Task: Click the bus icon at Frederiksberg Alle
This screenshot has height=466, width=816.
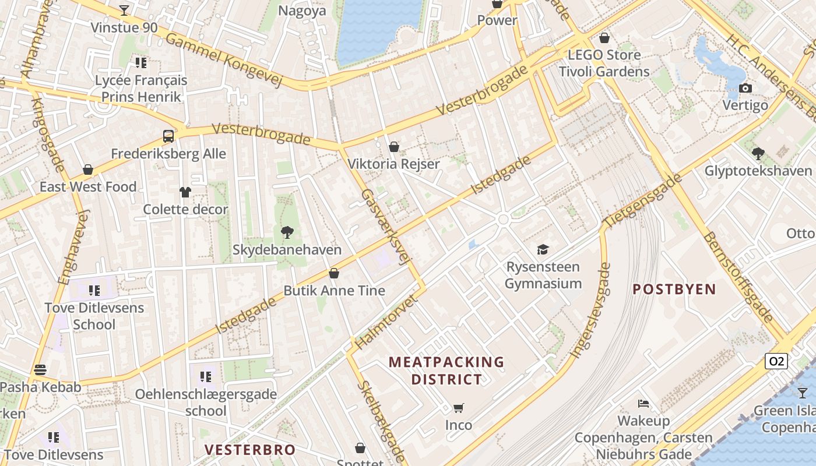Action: point(168,137)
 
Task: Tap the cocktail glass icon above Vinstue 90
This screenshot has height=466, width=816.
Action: point(124,10)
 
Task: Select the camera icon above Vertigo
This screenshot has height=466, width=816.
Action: point(745,89)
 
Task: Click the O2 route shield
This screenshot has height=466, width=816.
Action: point(776,361)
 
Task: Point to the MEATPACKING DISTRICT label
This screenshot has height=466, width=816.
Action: point(446,370)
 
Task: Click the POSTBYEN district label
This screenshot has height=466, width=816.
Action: point(674,289)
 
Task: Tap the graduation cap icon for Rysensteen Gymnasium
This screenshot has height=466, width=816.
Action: point(543,249)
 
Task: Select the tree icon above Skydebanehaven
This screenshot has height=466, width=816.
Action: point(287,232)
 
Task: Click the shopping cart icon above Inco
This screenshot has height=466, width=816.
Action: point(459,408)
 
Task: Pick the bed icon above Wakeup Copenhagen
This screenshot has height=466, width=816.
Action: point(643,403)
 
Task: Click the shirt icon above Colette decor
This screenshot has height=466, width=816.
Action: point(185,192)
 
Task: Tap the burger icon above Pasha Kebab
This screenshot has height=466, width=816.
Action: point(40,369)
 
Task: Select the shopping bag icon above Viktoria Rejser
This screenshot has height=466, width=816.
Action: point(394,147)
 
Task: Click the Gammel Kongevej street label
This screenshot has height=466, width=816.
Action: point(224,59)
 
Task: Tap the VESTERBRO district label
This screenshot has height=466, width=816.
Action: point(250,450)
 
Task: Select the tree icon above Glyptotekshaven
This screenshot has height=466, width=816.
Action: point(758,154)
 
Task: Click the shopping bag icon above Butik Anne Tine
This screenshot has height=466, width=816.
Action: point(334,273)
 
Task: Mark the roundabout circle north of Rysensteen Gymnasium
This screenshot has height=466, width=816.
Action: point(503,220)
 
